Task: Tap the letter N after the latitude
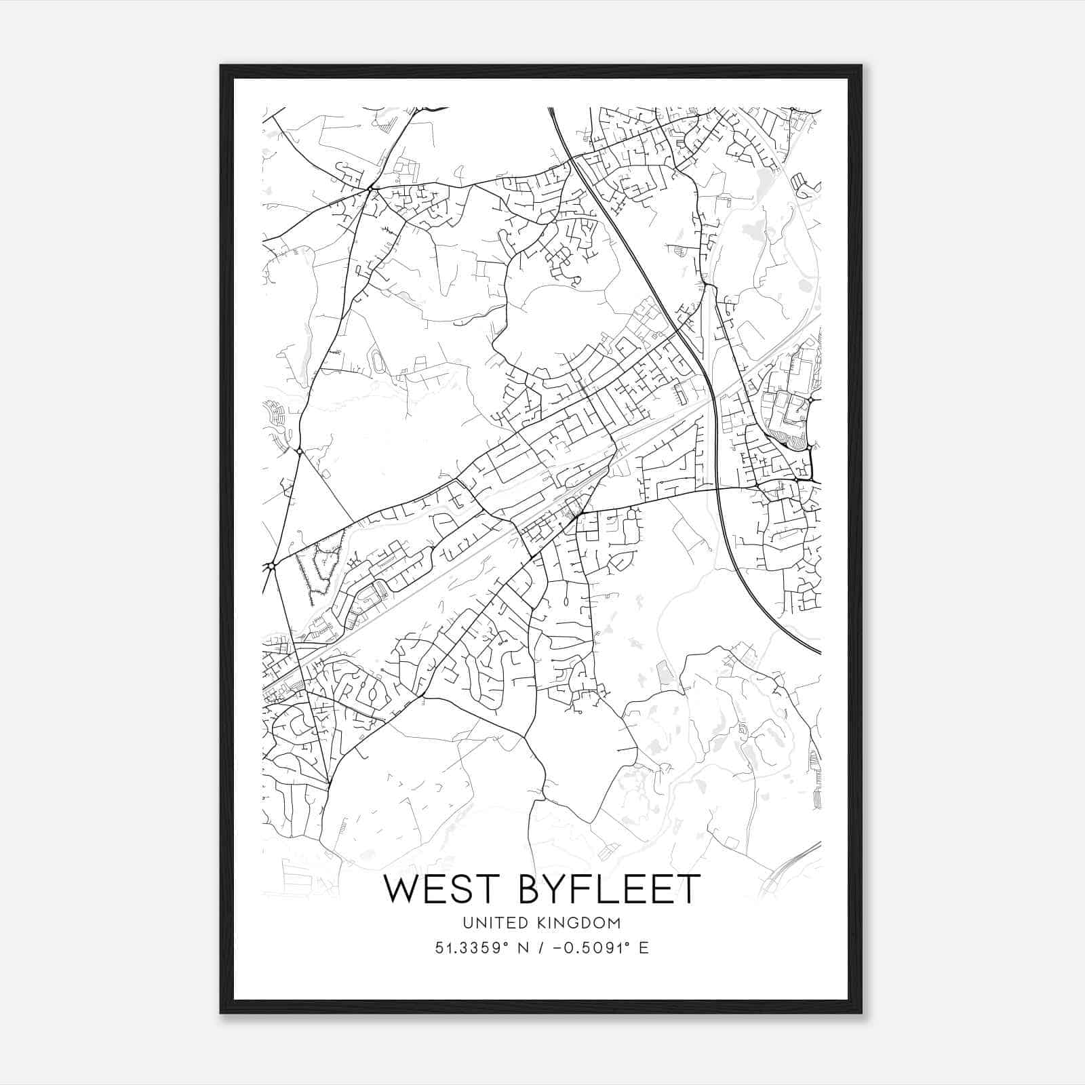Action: point(524,948)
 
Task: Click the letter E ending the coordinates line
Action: point(644,948)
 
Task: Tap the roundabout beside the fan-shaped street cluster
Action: point(299,451)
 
